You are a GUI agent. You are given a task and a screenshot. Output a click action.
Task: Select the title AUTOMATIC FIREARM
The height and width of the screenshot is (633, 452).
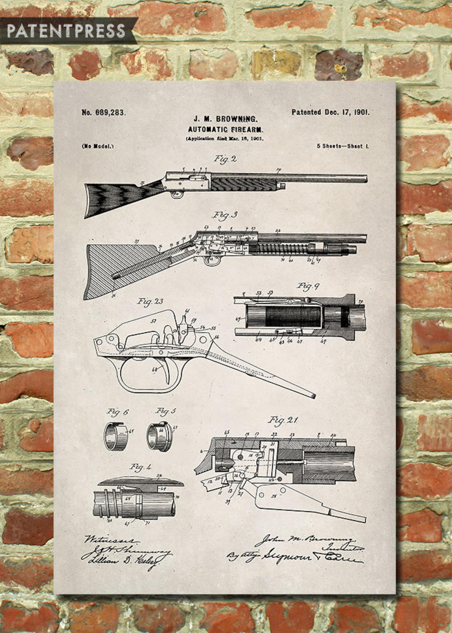[x=226, y=130]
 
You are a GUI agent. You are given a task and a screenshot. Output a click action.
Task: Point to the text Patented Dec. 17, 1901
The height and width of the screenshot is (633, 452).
[x=330, y=112]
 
